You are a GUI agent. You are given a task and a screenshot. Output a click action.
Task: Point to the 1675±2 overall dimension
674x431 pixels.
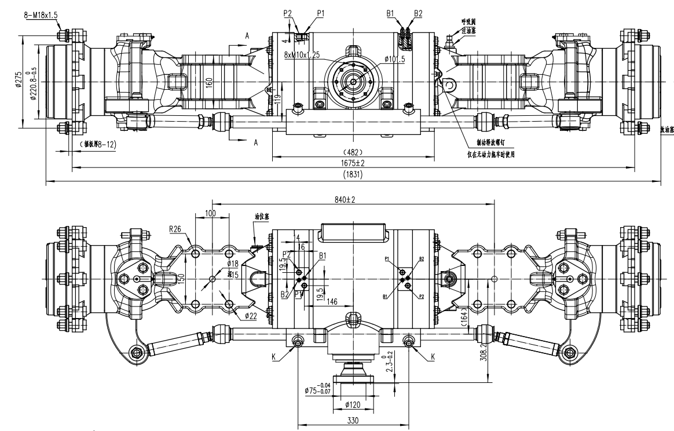[353, 163]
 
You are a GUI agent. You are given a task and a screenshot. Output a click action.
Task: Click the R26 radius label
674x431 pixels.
[176, 229]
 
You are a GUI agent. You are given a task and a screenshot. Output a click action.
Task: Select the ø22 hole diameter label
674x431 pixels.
[251, 316]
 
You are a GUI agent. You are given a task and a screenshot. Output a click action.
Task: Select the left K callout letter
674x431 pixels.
[273, 358]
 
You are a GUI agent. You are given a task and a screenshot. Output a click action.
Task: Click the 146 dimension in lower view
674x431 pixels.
[332, 302]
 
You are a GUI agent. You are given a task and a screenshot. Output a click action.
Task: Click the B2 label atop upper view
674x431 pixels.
[418, 12]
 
